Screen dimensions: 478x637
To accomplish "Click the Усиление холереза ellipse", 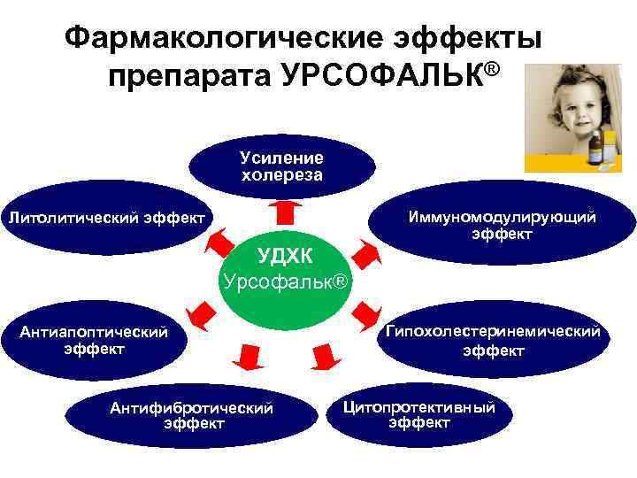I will coord(281,165).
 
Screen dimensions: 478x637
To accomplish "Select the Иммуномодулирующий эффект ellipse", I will coord(501,224).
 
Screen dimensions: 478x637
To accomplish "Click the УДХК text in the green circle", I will coord(285,256).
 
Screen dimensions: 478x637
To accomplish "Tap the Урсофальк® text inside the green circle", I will coord(287,282).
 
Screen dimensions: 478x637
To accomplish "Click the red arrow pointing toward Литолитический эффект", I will coord(215,242).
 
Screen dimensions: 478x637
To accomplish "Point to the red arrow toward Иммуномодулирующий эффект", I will coord(363,250).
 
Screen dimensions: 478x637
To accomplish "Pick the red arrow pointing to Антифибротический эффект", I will coord(247,353).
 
